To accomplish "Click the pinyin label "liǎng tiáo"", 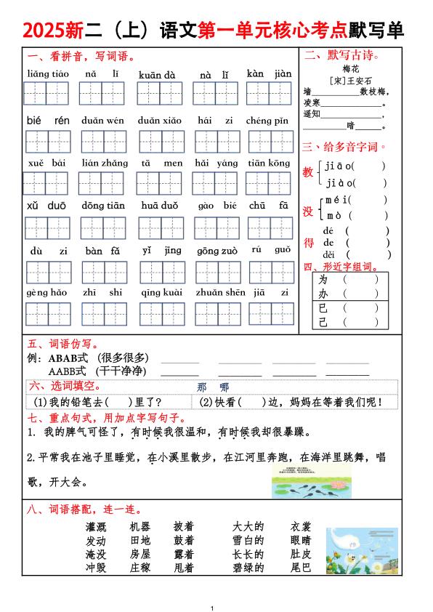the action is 48,74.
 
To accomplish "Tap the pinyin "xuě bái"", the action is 46,164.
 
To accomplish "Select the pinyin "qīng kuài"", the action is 162,292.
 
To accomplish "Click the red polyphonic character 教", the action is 308,172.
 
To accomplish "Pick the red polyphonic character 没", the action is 308,211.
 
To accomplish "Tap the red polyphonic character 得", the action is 309,243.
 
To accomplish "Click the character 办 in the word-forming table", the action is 323,294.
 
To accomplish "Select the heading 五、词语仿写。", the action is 57,344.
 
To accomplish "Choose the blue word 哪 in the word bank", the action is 224,387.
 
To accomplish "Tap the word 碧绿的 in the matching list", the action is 248,568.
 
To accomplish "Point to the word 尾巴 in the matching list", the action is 301,568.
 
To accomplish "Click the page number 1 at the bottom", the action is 211,607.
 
